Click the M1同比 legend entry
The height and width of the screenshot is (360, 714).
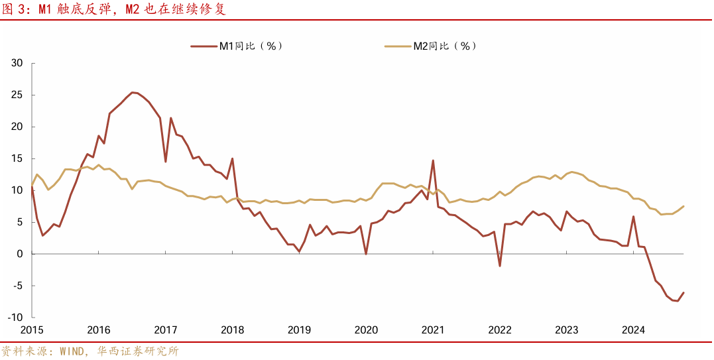point(237,46)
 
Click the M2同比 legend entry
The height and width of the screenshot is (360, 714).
point(431,46)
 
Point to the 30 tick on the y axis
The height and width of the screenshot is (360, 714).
point(17,63)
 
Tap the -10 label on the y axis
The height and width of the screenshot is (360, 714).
point(15,318)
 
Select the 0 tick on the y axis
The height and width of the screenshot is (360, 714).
point(20,254)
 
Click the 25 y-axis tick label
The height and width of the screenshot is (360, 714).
point(17,95)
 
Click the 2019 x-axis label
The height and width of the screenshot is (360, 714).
point(299,330)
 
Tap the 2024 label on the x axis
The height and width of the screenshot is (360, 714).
point(634,330)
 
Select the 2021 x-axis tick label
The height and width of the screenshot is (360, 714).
point(433,330)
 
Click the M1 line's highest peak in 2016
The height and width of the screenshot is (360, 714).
point(132,92)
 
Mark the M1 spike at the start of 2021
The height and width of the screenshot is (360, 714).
point(433,160)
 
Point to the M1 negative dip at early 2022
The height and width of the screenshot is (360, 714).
point(499,266)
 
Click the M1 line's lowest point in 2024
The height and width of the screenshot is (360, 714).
point(678,301)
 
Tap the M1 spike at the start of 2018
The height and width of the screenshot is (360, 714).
point(232,158)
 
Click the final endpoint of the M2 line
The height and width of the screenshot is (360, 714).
point(684,206)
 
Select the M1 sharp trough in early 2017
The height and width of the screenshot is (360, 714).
point(165,162)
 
